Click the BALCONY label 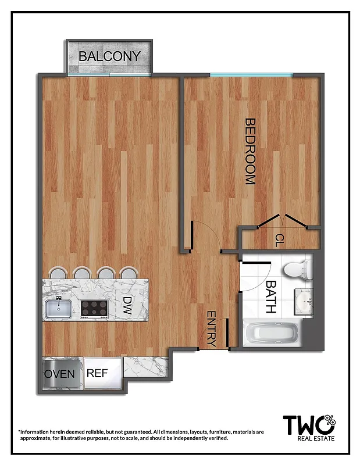click(x=110, y=56)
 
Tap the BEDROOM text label click(x=250, y=152)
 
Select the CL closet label click(x=280, y=239)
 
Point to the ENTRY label click(x=211, y=329)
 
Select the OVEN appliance click(x=60, y=373)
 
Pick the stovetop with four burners click(x=94, y=307)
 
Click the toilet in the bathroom click(x=297, y=269)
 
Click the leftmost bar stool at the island click(x=58, y=273)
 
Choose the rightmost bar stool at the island click(x=128, y=273)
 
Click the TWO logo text click(x=303, y=425)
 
